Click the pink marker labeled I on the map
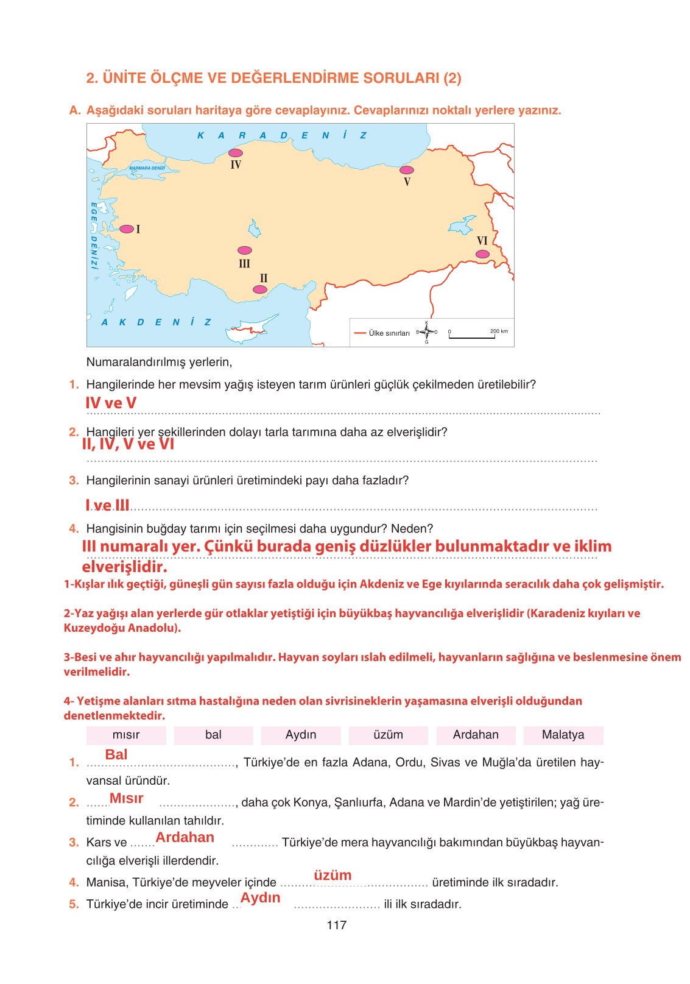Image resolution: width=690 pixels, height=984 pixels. pyautogui.click(x=127, y=229)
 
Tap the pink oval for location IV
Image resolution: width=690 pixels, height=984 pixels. pyautogui.click(x=236, y=153)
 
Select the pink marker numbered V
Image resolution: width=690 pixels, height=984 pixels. pyautogui.click(x=407, y=170)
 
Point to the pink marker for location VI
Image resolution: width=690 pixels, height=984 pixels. pyautogui.click(x=482, y=254)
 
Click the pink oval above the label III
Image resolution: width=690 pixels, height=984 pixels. pyautogui.click(x=245, y=250)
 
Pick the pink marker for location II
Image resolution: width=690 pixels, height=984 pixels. pyautogui.click(x=260, y=289)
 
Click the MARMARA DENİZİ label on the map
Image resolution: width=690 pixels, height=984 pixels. pyautogui.click(x=147, y=168)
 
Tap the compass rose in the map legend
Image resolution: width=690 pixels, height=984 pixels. pyautogui.click(x=426, y=332)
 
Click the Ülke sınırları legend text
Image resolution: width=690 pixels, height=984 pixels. pyautogui.click(x=389, y=333)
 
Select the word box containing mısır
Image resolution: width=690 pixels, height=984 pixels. pyautogui.click(x=126, y=735)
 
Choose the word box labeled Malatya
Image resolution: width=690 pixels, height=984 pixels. pyautogui.click(x=563, y=735)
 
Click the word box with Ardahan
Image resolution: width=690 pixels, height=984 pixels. pyautogui.click(x=476, y=735)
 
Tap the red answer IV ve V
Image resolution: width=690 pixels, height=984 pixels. pyautogui.click(x=111, y=403)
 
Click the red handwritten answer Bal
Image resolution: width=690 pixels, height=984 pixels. pyautogui.click(x=116, y=755)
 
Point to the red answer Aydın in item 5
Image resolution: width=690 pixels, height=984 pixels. pyautogui.click(x=261, y=897)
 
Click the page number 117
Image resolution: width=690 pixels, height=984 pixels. pyautogui.click(x=337, y=925)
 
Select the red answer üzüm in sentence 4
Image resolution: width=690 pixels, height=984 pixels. pyautogui.click(x=333, y=876)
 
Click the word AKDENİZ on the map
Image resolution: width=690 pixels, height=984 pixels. pyautogui.click(x=156, y=322)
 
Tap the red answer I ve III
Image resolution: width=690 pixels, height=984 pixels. pyautogui.click(x=107, y=505)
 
